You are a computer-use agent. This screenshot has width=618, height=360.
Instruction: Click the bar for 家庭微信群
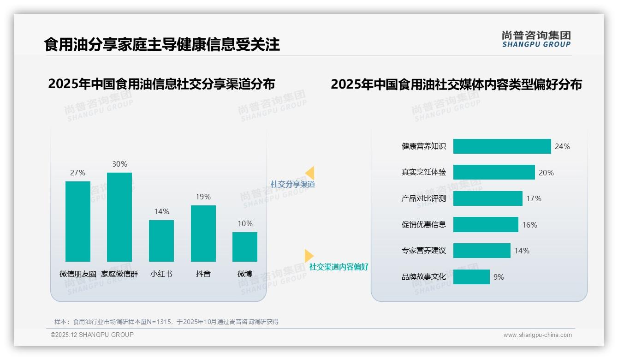119,217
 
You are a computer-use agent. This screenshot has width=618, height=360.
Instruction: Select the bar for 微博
245,246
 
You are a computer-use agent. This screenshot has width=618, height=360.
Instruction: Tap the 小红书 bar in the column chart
161,240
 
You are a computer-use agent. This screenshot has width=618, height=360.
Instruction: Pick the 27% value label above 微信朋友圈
77,173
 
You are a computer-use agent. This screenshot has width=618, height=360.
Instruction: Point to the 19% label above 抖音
203,197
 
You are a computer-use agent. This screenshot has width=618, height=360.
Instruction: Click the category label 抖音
203,274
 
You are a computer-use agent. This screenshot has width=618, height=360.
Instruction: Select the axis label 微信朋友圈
78,274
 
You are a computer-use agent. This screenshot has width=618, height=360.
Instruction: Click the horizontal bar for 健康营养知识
502,146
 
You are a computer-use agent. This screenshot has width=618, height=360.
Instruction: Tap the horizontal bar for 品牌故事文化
471,277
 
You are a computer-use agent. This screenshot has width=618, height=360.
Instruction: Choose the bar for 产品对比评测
487,198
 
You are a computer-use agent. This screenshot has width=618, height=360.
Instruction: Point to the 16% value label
529,225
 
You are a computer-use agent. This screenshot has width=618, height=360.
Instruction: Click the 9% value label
499,277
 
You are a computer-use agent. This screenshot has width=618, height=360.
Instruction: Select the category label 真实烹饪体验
424,172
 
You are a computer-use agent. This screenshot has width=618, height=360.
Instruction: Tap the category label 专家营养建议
424,251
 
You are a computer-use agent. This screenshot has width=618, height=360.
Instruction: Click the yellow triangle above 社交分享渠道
310,173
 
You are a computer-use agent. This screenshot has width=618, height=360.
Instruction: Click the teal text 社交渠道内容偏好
339,267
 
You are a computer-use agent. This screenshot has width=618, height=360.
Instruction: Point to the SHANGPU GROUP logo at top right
536,39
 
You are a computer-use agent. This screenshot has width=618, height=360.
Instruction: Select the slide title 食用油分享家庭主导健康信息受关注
162,45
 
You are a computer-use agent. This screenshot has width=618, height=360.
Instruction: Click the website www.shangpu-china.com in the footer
537,335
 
